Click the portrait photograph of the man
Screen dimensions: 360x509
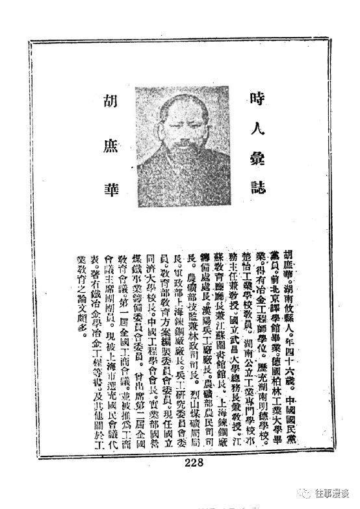pyautogui.click(x=184, y=146)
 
